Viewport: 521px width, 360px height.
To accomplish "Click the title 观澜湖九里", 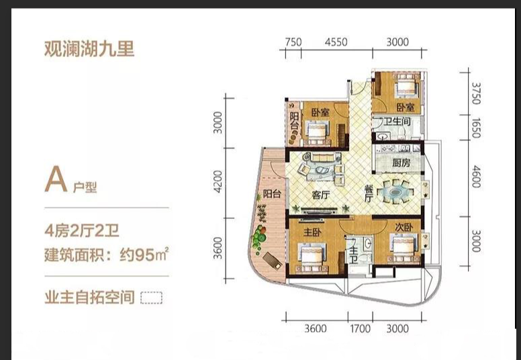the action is point(89,49).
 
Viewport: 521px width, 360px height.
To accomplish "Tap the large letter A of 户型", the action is point(56,179).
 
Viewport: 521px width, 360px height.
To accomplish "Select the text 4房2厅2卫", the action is point(82,230).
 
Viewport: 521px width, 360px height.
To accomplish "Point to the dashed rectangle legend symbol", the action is point(152,298).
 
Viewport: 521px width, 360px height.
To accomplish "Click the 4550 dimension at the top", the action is point(336,42).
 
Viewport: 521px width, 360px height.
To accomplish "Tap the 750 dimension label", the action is point(293,42).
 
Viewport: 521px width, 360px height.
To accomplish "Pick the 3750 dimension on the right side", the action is point(476,93).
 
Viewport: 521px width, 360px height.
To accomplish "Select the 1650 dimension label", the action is point(476,128).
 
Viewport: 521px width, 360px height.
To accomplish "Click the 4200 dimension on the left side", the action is point(218,181).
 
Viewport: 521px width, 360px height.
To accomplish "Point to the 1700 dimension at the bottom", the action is point(360,328).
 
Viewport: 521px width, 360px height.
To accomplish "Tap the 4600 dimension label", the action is point(476,177).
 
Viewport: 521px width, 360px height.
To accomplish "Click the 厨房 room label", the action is point(401,163).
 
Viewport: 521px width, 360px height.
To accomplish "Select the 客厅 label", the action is point(321,195).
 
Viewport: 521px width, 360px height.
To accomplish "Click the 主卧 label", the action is point(312,232).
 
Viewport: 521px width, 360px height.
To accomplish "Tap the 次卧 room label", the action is point(404,228).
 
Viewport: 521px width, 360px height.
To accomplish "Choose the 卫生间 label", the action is point(397,122).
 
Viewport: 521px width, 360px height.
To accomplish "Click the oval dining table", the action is point(395,191).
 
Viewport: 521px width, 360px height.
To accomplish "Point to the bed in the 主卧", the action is point(312,257).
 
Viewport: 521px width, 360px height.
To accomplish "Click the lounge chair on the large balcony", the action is point(272,261).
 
